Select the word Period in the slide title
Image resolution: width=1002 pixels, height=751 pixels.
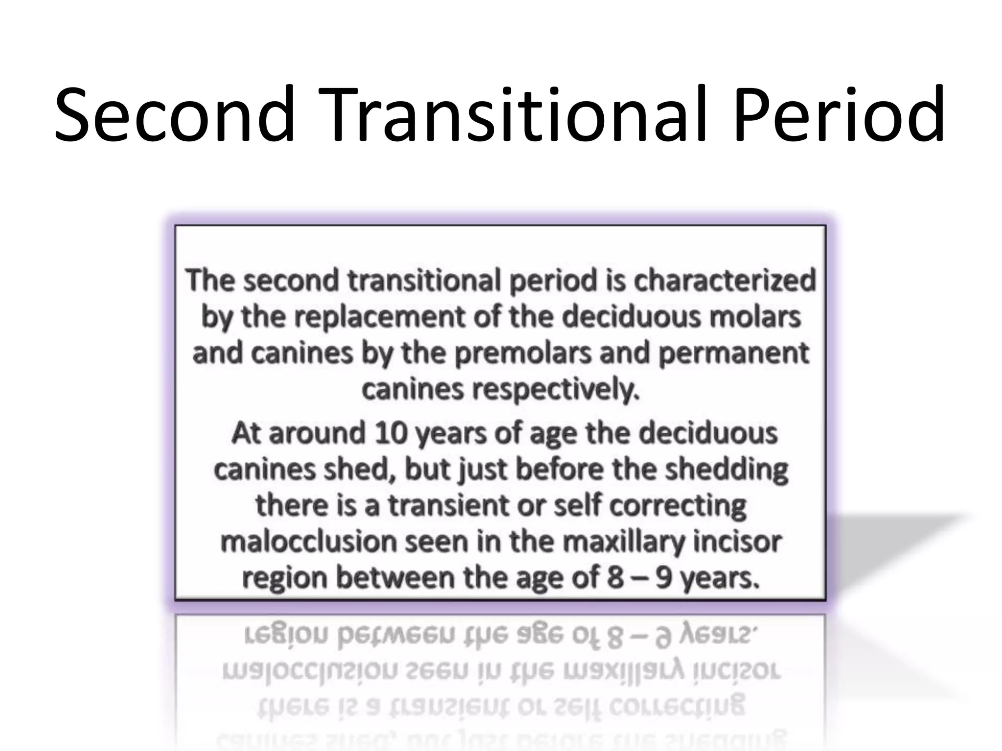click(x=839, y=115)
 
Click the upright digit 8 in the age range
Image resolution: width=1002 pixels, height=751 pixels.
click(x=615, y=578)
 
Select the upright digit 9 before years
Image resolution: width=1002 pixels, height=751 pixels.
click(x=663, y=578)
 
